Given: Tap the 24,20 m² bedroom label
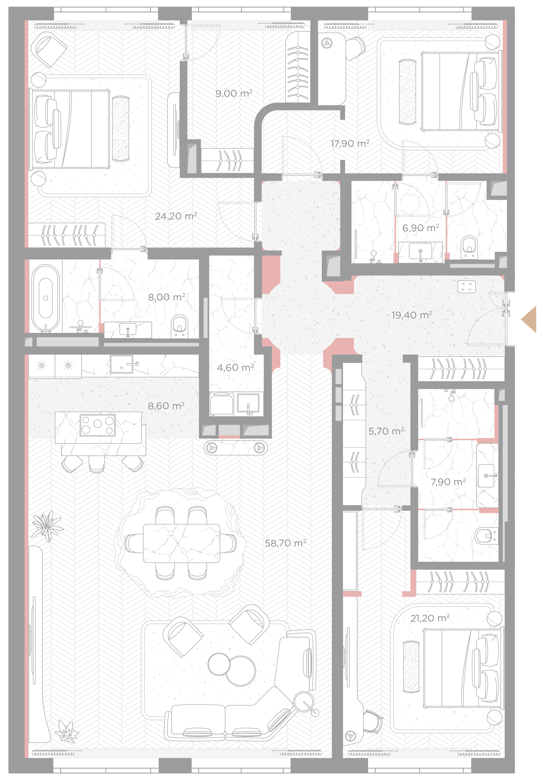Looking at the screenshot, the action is pos(176,216).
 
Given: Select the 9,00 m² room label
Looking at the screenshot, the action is pos(234,93).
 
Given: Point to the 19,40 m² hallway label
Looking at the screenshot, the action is pos(411,315).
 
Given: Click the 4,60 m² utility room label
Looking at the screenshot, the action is pos(235,367).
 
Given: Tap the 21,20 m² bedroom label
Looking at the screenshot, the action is pos(430,618).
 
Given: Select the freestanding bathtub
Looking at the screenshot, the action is pos(46,298).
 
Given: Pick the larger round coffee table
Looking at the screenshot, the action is pos(241,671).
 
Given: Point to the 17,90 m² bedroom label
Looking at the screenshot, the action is pos(350,144).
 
